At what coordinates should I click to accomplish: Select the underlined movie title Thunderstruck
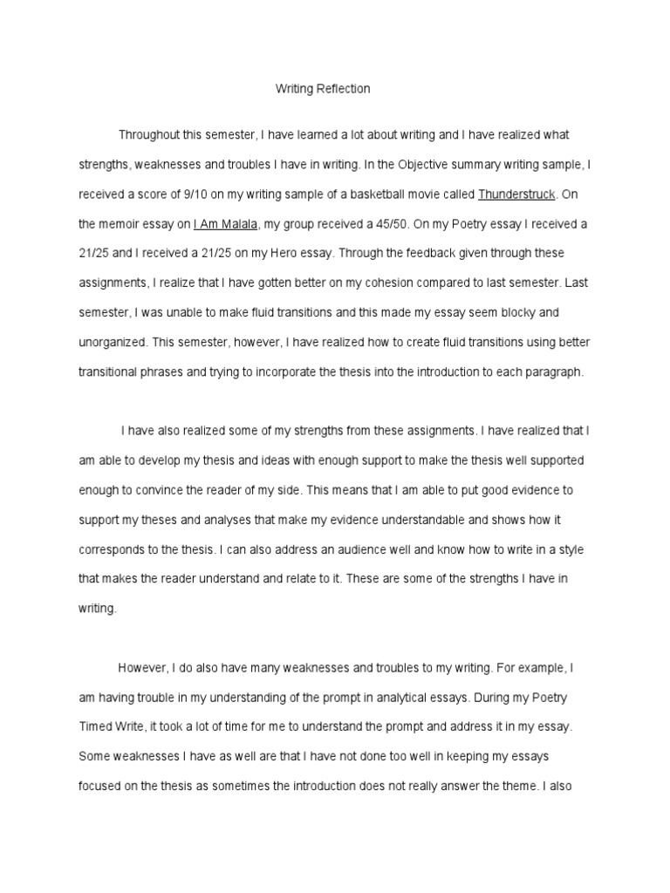[x=516, y=193]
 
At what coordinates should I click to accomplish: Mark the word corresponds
[x=113, y=549]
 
